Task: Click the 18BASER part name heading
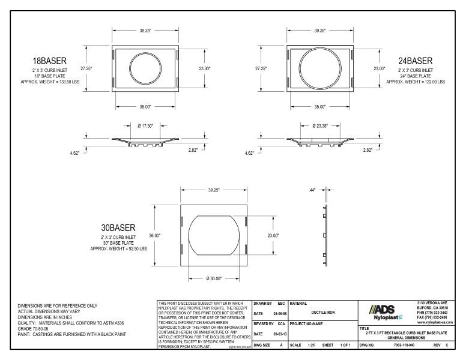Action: pos(49,61)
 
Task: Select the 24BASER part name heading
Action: pos(415,61)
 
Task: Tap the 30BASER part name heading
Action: pos(117,228)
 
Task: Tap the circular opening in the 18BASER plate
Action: pos(146,68)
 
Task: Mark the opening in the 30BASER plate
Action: pos(213,236)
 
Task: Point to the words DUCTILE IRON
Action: pos(323,312)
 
